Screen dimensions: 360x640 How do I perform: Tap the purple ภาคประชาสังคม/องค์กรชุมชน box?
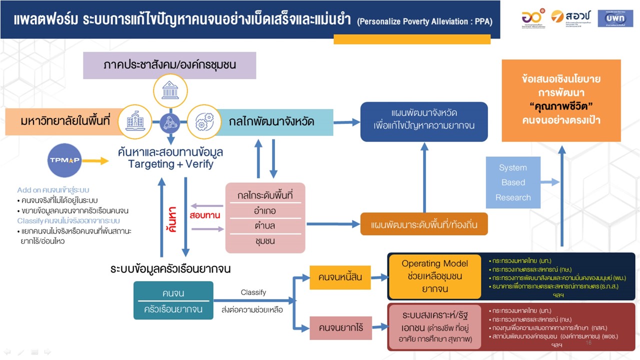(x=169, y=65)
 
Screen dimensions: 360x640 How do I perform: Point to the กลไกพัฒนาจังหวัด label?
(x=272, y=121)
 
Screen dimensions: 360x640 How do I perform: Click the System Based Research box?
(x=513, y=182)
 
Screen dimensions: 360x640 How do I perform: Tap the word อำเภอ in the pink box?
(x=264, y=210)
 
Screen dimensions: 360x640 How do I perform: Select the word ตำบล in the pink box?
(x=264, y=225)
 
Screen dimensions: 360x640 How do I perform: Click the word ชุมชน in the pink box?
(x=264, y=241)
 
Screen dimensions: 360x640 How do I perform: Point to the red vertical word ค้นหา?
(x=173, y=220)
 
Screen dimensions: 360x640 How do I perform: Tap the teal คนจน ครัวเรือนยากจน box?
(x=173, y=300)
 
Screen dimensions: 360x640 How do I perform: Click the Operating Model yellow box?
(x=434, y=275)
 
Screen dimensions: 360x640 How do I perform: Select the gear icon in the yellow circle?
(x=204, y=121)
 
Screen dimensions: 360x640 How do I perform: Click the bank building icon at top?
(x=170, y=90)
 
